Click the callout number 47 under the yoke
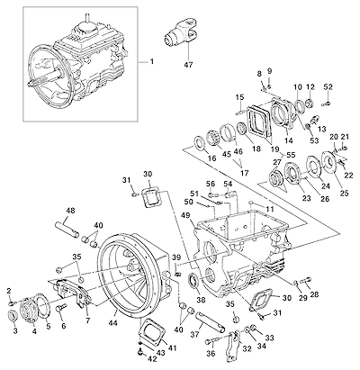pyautogui.click(x=189, y=64)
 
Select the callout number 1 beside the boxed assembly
pyautogui.click(x=152, y=62)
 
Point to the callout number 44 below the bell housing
pyautogui.click(x=113, y=322)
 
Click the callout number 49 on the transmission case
pyautogui.click(x=185, y=216)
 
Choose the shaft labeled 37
pyautogui.click(x=210, y=321)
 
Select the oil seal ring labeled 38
pyautogui.click(x=193, y=280)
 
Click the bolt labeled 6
pyautogui.click(x=61, y=308)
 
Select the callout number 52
pyautogui.click(x=328, y=87)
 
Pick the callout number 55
pyautogui.click(x=291, y=155)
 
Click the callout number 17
pyautogui.click(x=245, y=173)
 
